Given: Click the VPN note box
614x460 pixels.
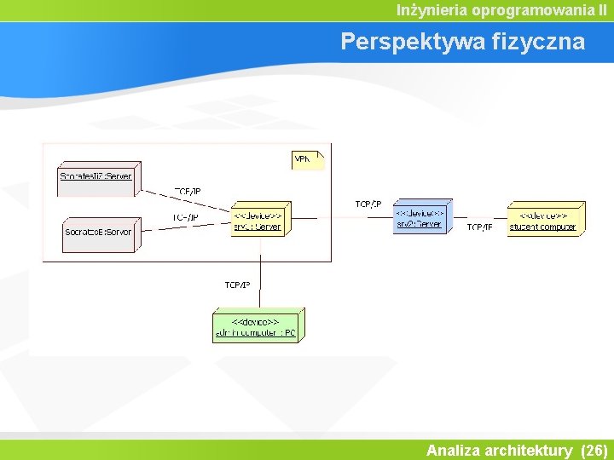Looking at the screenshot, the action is pos(306,158).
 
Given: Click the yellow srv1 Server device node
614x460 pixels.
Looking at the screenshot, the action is pos(259,220).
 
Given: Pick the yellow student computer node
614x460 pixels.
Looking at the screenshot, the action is pos(544,220).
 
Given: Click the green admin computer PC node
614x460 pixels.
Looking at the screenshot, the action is pos(257,326).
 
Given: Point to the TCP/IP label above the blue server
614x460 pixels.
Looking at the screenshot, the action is pos(368,204).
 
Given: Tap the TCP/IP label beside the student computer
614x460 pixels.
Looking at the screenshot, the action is pos(479,227).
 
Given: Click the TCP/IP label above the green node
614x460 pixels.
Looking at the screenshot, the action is pos(237,285).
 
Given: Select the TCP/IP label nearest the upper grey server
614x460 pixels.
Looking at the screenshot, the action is pos(188,192).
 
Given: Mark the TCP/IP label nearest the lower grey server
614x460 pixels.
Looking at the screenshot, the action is pos(185,218).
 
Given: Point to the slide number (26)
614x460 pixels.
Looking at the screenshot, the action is pos(593,450).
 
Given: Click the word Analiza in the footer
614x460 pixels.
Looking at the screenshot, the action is pos(453,450).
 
